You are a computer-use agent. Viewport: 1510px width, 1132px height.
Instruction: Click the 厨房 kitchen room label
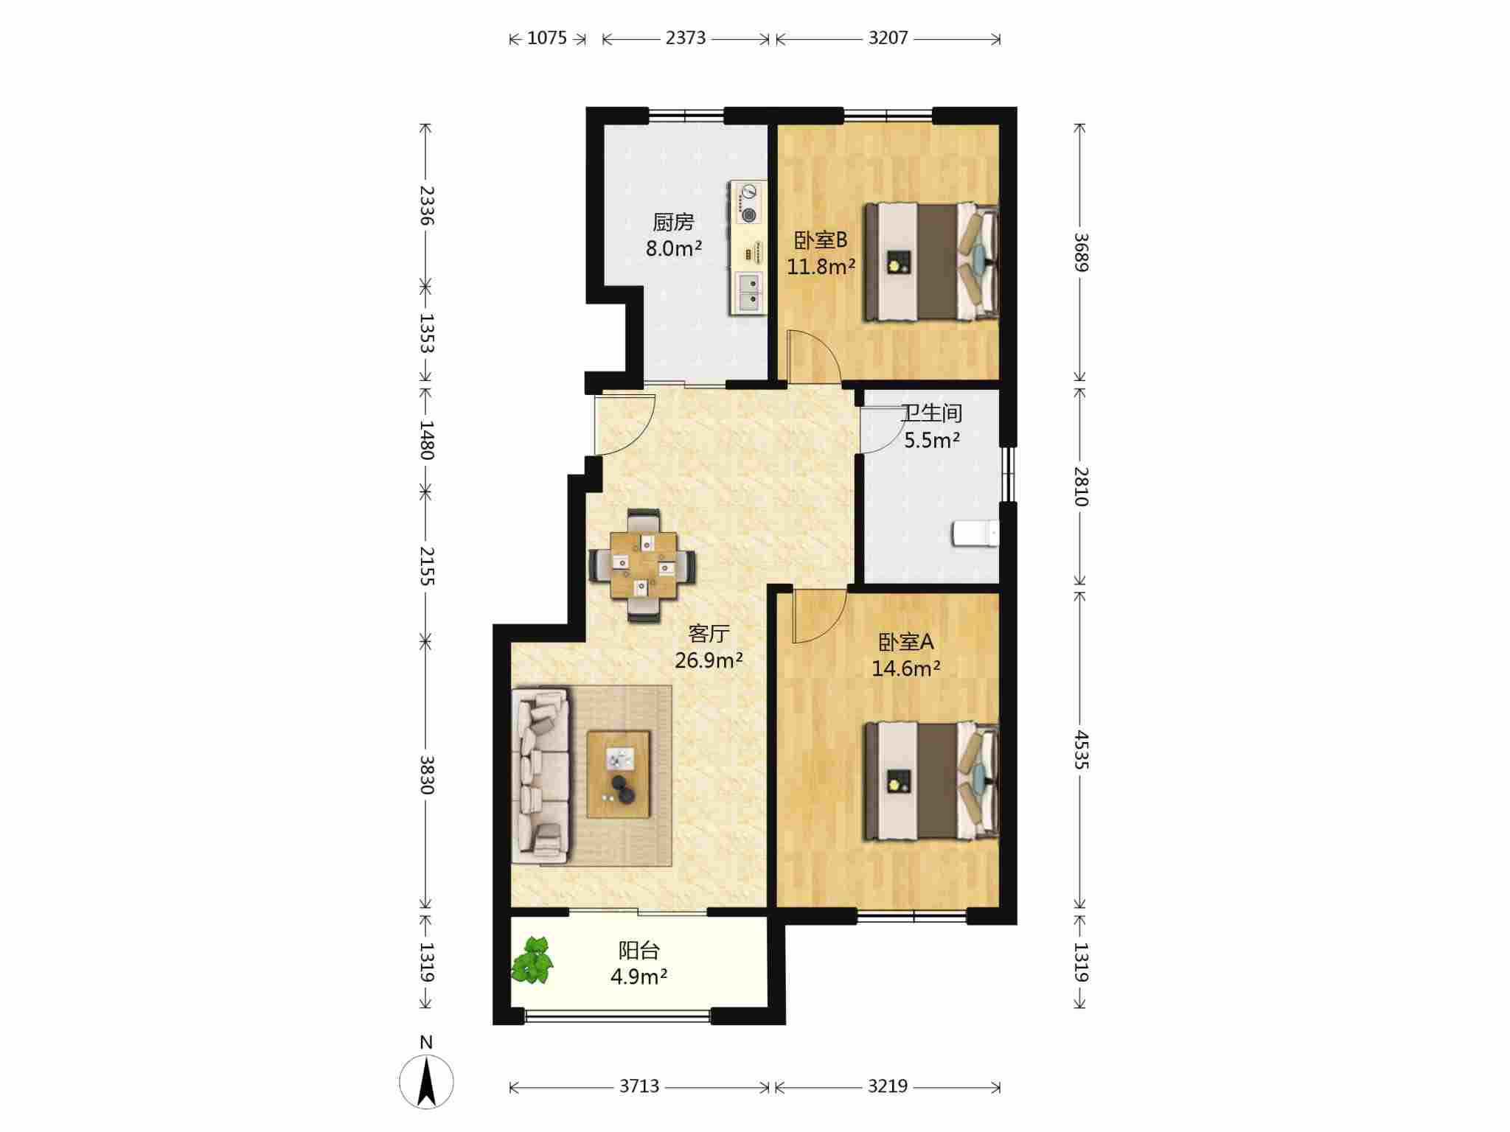(x=673, y=221)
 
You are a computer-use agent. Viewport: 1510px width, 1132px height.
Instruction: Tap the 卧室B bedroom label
(x=821, y=240)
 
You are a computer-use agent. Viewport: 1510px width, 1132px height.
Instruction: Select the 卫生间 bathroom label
(x=932, y=413)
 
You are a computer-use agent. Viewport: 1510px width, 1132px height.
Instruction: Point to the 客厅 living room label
(x=709, y=633)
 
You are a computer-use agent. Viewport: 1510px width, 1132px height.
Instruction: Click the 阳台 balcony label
(x=639, y=950)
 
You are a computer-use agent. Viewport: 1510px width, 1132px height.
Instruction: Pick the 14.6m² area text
(x=906, y=668)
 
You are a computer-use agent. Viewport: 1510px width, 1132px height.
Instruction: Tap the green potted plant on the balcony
(x=532, y=960)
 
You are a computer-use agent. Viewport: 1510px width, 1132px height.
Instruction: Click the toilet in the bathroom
(x=975, y=534)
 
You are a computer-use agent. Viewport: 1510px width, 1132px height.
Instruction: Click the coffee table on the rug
(x=619, y=774)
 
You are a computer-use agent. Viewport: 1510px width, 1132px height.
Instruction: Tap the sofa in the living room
(x=540, y=776)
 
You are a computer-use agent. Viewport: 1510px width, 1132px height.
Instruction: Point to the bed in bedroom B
(x=931, y=262)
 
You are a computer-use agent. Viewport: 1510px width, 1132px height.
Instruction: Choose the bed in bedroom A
(x=931, y=780)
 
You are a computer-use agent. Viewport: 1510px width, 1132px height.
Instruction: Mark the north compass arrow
(x=427, y=1081)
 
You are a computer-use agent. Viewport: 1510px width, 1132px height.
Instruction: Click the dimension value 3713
(x=639, y=1086)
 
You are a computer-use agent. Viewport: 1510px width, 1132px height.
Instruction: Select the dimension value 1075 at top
(x=547, y=38)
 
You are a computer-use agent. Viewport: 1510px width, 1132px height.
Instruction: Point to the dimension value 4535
(x=1081, y=750)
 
